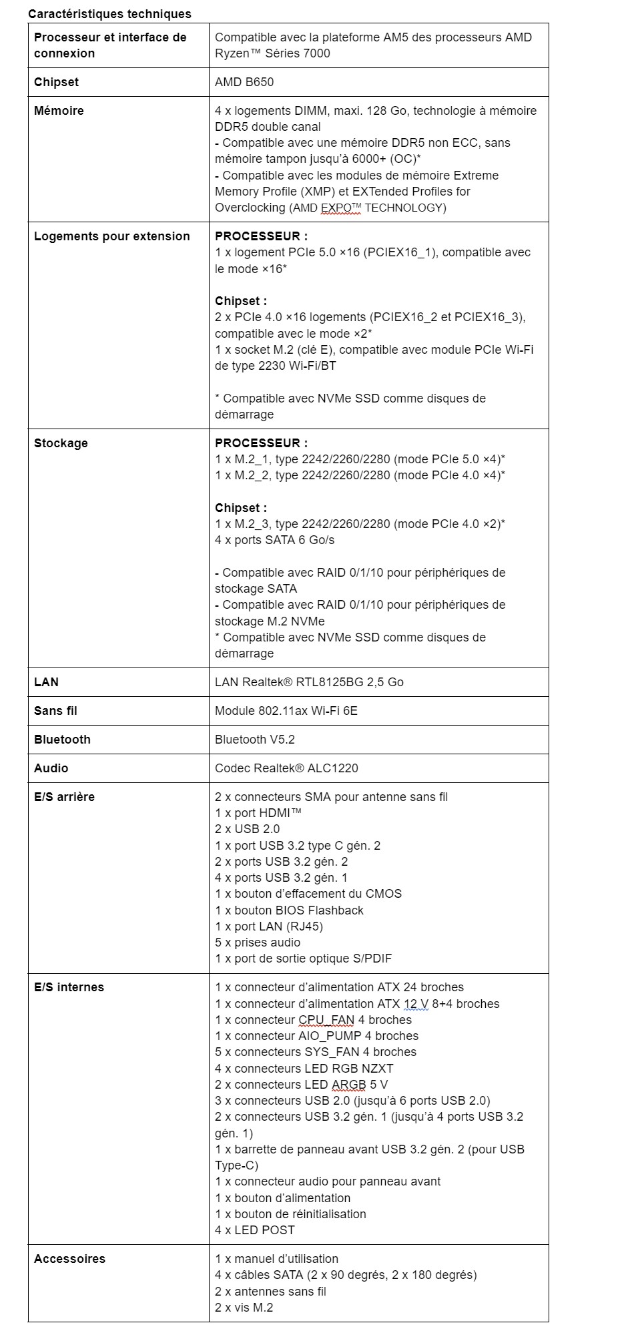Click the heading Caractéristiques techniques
point(109,14)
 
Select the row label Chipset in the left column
point(56,82)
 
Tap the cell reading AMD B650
point(244,82)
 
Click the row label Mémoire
point(59,111)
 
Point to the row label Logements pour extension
point(112,236)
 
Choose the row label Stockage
point(61,443)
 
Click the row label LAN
point(46,682)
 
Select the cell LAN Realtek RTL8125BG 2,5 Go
point(309,682)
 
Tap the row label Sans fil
point(55,711)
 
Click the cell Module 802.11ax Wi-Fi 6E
point(286,711)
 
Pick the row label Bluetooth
point(62,740)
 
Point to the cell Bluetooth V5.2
point(255,740)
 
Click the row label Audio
point(51,768)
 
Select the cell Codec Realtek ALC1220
point(286,768)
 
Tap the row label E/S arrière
point(64,797)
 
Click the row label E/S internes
point(69,987)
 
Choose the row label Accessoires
point(69,1259)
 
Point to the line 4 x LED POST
point(255,1230)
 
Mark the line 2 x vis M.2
point(244,1308)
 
